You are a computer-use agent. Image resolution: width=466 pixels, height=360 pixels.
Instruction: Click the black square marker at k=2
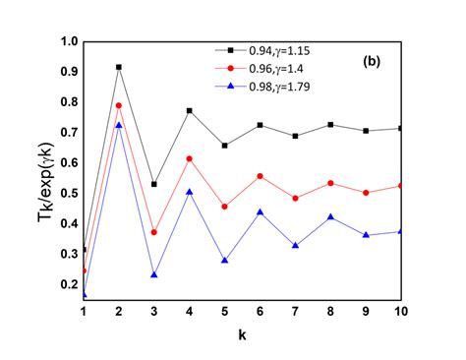coord(119,67)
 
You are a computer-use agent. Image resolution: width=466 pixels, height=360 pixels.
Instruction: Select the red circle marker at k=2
coord(119,105)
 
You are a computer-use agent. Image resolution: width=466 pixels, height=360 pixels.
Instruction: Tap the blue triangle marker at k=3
coord(154,274)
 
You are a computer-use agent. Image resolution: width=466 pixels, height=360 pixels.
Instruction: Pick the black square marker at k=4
coord(190,111)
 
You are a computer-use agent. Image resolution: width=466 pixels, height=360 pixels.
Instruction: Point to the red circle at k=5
coord(225,207)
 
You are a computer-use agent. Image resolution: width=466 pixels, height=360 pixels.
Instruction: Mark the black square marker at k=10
coord(402,129)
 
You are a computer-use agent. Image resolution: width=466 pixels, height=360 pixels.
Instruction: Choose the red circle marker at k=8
coord(331,183)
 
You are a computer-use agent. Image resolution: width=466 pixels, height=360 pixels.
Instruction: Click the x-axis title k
coord(242,335)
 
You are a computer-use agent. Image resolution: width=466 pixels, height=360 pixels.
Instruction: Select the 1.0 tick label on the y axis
coord(68,42)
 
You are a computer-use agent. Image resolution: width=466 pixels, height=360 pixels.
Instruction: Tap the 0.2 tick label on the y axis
coord(68,284)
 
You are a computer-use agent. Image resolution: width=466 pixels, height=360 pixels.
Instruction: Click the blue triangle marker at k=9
coord(367,235)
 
